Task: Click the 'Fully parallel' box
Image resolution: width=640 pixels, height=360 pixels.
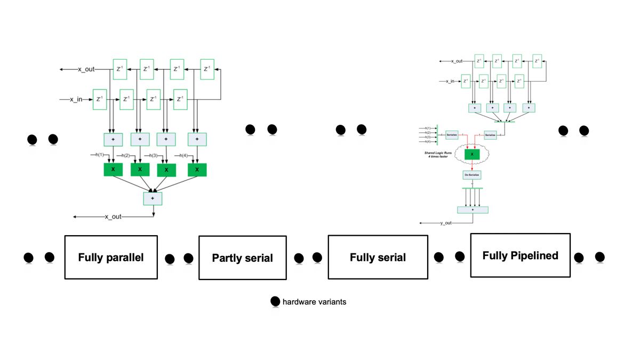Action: click(x=111, y=257)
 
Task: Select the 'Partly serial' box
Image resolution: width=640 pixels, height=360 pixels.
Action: click(x=243, y=258)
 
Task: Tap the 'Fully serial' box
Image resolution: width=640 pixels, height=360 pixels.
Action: click(x=378, y=257)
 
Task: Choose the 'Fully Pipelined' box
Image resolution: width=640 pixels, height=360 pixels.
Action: click(x=520, y=255)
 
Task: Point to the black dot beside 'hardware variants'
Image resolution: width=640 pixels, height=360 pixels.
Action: click(x=275, y=302)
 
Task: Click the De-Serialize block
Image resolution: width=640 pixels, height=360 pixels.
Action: click(x=472, y=174)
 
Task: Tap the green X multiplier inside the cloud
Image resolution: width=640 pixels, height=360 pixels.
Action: click(x=472, y=154)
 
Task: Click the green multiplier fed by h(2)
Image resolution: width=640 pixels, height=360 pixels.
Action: click(x=140, y=170)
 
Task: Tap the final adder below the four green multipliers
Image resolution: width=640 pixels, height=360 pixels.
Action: click(x=153, y=198)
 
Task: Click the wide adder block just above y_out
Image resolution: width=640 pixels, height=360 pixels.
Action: click(x=473, y=210)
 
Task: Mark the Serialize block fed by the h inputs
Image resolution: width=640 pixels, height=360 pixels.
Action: click(x=452, y=135)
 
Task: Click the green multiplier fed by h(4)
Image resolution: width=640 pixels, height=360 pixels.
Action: click(x=197, y=170)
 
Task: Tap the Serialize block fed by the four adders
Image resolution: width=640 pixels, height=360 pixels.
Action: click(x=490, y=135)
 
